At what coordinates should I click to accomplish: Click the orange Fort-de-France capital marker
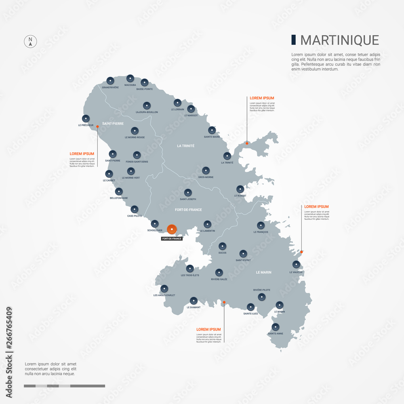click(x=172, y=229)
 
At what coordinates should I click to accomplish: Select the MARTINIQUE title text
click(x=339, y=40)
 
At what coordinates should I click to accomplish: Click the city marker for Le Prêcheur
click(x=86, y=119)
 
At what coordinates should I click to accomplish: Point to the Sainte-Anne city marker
click(x=276, y=327)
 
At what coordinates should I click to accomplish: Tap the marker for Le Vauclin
click(x=296, y=265)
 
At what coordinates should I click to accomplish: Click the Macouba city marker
click(x=130, y=78)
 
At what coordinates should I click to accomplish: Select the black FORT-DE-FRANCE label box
click(x=172, y=239)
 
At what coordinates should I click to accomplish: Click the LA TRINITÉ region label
click(x=186, y=146)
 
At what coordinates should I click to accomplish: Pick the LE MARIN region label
click(x=263, y=272)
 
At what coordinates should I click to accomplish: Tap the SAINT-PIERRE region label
click(x=113, y=124)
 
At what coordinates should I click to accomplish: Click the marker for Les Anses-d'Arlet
click(x=164, y=288)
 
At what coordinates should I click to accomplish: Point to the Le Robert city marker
click(x=240, y=189)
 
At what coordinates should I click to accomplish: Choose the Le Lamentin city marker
click(x=207, y=224)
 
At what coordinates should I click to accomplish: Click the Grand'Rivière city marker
click(x=110, y=80)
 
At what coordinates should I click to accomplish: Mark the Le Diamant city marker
click(x=194, y=300)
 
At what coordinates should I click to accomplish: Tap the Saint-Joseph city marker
click(x=188, y=192)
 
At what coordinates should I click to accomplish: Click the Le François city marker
click(x=261, y=225)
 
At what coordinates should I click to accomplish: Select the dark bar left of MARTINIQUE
click(x=294, y=40)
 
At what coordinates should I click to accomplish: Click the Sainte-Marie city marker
click(x=212, y=130)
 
